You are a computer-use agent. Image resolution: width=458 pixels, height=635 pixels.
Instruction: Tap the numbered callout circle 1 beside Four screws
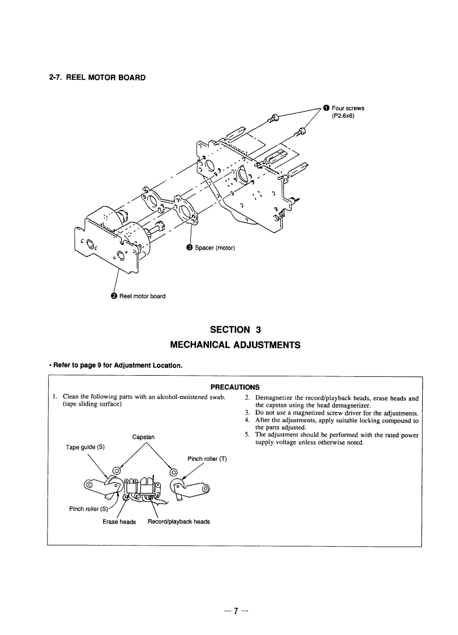(x=326, y=108)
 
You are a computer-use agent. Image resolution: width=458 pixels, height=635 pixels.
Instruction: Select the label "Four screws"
(x=348, y=108)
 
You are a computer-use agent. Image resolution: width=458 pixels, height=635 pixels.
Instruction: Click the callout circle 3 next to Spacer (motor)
(x=190, y=248)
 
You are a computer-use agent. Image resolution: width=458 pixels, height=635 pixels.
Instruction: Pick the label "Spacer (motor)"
(x=215, y=248)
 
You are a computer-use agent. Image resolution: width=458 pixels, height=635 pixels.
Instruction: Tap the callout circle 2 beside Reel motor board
(x=113, y=295)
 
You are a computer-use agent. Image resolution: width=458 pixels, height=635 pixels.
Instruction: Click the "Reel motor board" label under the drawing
(x=142, y=295)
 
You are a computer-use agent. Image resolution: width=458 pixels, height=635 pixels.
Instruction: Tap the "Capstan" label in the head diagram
(x=143, y=436)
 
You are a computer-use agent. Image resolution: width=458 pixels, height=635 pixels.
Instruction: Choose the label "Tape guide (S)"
(x=85, y=447)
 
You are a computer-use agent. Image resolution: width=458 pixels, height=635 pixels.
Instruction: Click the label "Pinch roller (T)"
(x=207, y=458)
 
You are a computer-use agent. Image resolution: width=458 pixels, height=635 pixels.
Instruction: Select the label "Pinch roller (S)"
(x=88, y=508)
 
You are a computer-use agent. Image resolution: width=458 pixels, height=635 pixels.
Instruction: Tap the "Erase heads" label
(x=119, y=521)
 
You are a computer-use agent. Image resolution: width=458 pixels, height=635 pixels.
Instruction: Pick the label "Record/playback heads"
(x=178, y=521)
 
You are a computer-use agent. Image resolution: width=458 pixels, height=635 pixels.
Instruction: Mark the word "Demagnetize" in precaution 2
(x=275, y=398)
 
